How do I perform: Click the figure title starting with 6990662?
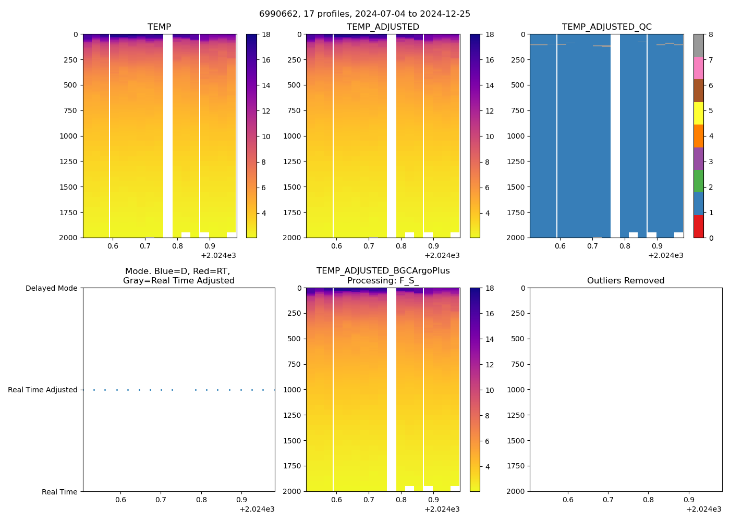pyautogui.click(x=364, y=14)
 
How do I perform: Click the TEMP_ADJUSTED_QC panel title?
pyautogui.click(x=606, y=27)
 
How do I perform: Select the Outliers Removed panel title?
pyautogui.click(x=626, y=281)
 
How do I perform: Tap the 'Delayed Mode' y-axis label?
pyautogui.click(x=51, y=289)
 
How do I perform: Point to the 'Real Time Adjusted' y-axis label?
pyautogui.click(x=43, y=390)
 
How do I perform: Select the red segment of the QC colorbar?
pyautogui.click(x=698, y=227)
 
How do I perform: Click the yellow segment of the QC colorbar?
pyautogui.click(x=698, y=113)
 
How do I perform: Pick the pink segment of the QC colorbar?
pyautogui.click(x=698, y=68)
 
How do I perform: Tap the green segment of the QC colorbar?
pyautogui.click(x=698, y=181)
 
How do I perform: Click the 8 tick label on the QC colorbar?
pyautogui.click(x=710, y=35)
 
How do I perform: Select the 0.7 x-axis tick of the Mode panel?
pyautogui.click(x=161, y=500)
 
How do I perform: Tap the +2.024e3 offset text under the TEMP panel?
pyautogui.click(x=218, y=256)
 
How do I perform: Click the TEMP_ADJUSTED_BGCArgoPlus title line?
pyautogui.click(x=383, y=271)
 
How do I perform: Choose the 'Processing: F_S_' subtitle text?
pyautogui.click(x=383, y=281)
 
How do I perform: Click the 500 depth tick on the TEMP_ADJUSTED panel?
pyautogui.click(x=294, y=85)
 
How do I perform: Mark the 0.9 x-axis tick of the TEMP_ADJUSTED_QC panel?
pyautogui.click(x=657, y=246)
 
